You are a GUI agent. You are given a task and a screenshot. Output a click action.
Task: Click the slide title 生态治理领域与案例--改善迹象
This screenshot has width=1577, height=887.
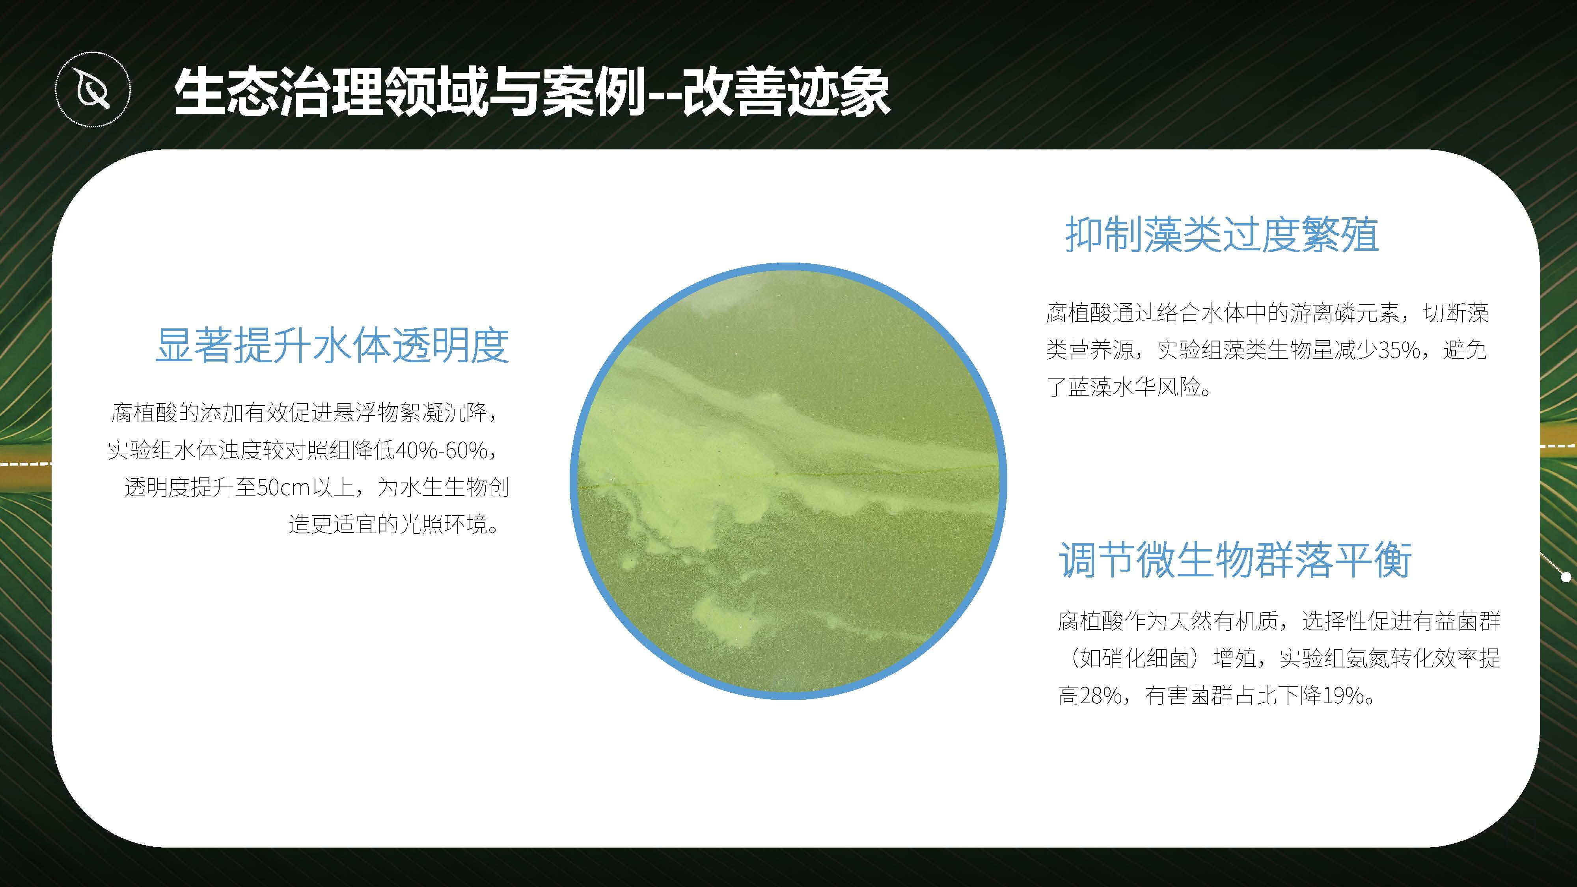pyautogui.click(x=531, y=92)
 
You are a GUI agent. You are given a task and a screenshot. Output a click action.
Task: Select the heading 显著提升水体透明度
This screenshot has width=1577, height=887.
pyautogui.click(x=332, y=345)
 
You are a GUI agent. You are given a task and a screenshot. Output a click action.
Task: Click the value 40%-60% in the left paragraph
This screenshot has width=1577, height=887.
pyautogui.click(x=442, y=451)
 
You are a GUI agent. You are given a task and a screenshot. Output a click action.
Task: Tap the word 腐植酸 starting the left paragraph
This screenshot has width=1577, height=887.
pyautogui.click(x=144, y=413)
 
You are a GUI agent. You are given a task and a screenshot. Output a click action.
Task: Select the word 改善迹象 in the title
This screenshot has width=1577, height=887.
pyautogui.click(x=785, y=92)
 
